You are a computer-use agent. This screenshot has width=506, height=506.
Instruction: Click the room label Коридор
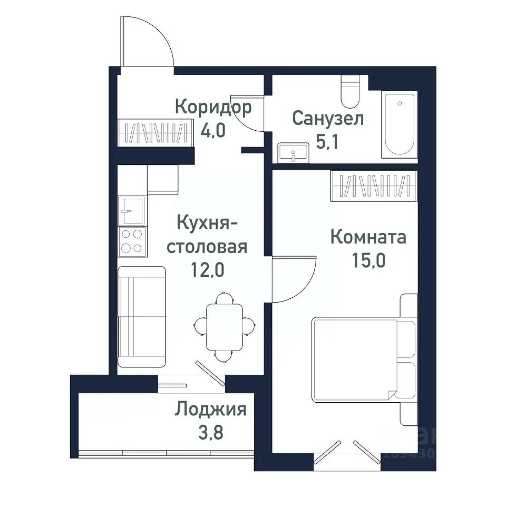[213, 108]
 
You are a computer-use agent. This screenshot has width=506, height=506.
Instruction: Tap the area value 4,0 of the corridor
[213, 130]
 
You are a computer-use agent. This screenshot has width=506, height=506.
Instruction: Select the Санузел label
[328, 119]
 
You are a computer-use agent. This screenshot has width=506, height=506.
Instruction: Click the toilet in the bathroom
[349, 92]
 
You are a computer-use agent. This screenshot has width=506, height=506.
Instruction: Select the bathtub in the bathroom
[399, 124]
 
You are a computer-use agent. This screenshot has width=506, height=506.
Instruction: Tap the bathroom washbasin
[292, 152]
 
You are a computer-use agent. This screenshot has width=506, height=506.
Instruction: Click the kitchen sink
[131, 211]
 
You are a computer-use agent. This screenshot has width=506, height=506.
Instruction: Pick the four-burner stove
[131, 241]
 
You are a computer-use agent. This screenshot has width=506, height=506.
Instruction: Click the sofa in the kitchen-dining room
[141, 316]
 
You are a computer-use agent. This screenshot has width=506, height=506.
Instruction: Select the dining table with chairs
[225, 327]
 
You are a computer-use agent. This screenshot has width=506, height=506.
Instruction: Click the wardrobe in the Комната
[375, 186]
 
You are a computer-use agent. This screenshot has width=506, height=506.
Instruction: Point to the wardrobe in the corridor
[153, 133]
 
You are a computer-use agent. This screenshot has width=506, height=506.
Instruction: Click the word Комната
[368, 237]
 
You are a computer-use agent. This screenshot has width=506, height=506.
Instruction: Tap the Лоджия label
[211, 409]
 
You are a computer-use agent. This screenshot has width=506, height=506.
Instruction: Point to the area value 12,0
[207, 270]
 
